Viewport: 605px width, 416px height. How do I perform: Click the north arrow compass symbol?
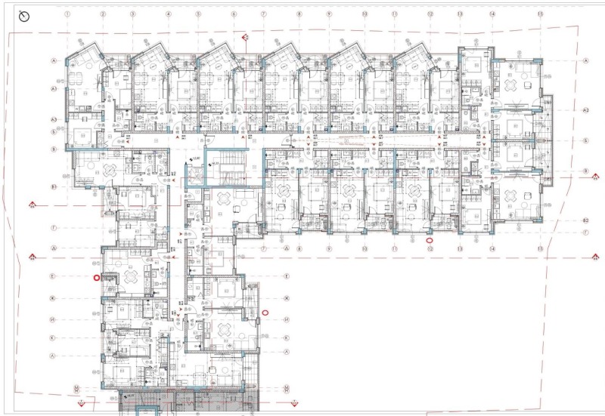point(23,15)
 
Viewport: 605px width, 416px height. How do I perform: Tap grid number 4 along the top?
point(165,14)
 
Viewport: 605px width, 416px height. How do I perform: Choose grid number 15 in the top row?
point(539,14)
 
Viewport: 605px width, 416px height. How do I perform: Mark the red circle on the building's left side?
point(97,278)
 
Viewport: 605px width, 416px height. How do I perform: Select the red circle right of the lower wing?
point(265,312)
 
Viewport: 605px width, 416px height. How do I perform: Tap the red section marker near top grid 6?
point(244,36)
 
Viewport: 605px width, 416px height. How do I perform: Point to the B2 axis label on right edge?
point(585,219)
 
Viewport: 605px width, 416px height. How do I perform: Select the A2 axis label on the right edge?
point(585,110)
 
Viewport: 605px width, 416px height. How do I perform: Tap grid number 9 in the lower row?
point(329,248)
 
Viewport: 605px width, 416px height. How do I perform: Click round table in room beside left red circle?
point(131,278)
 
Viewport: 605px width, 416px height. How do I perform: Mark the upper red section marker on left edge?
point(33,205)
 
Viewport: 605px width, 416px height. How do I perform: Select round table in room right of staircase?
point(224,199)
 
